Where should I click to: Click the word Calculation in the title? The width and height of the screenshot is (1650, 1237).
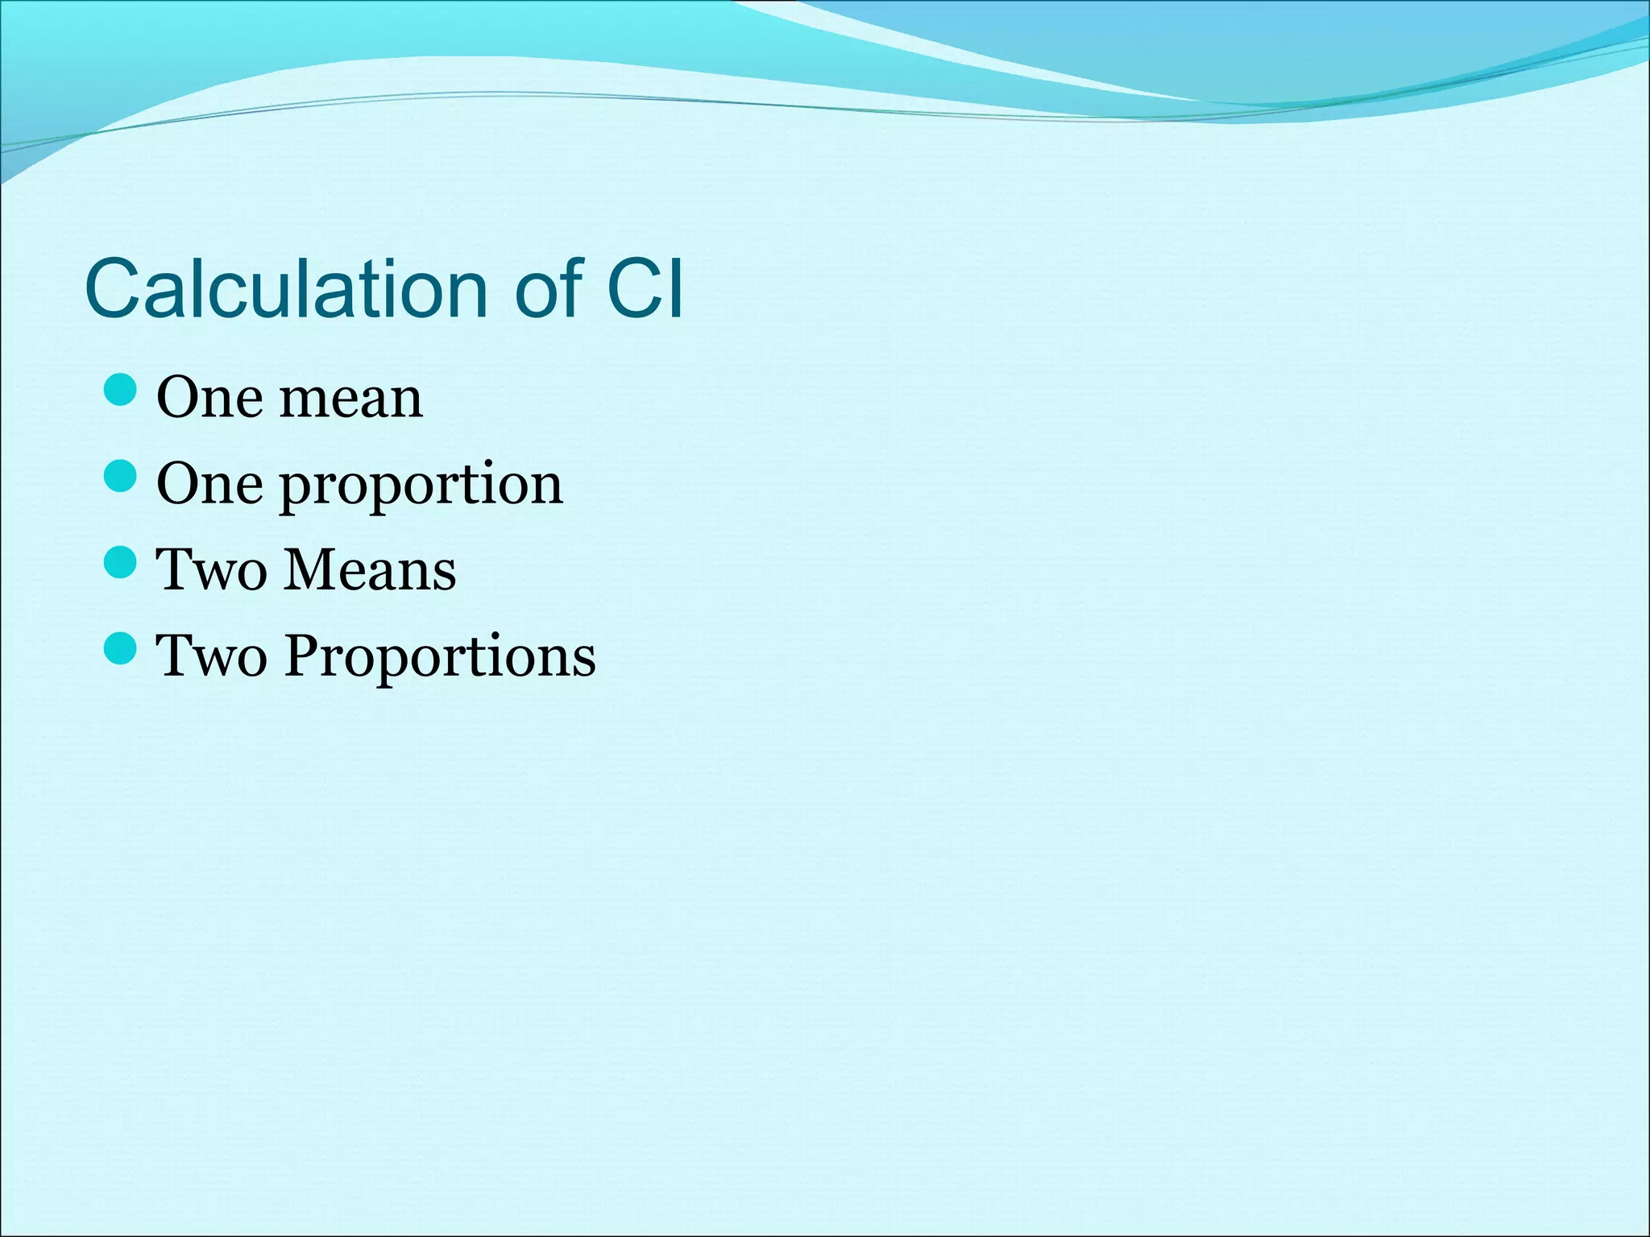coord(287,288)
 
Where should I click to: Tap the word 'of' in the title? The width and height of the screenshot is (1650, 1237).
coord(548,288)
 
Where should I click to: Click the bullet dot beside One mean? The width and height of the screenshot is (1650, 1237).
coord(121,390)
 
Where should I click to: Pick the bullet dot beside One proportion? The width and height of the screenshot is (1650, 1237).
coord(121,476)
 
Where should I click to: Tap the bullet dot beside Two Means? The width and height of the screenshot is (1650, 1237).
coord(121,562)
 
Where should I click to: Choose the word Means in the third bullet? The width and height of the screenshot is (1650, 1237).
coord(371,570)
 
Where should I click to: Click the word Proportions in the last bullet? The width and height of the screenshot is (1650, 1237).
coord(440,656)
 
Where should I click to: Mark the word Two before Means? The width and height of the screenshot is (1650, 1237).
coord(211,570)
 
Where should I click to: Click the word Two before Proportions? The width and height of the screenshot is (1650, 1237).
coord(211,656)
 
